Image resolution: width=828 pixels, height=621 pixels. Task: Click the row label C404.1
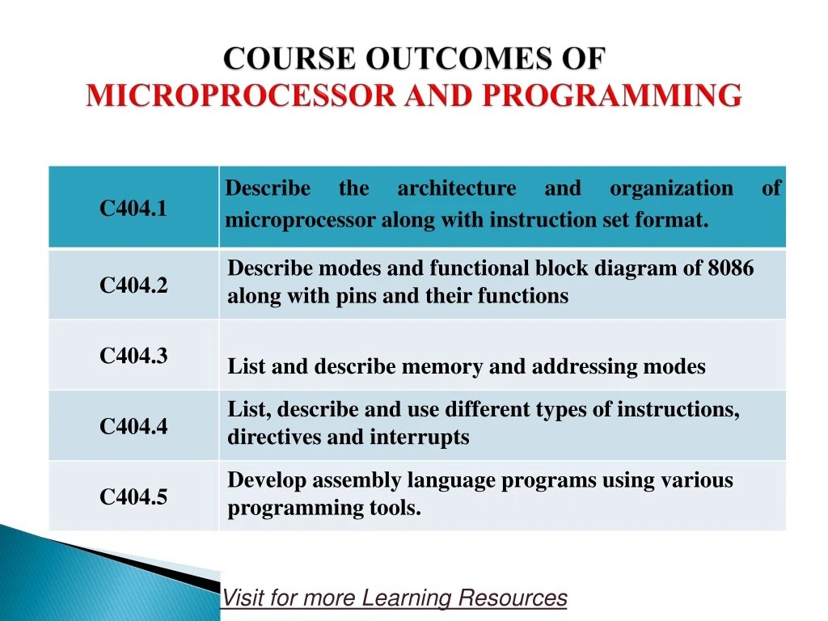click(x=133, y=209)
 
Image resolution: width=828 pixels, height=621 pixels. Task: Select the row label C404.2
click(x=133, y=285)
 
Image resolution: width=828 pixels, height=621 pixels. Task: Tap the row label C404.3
click(x=133, y=355)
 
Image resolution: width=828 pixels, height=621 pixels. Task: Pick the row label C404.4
click(x=133, y=426)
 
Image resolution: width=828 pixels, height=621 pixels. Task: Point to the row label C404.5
click(x=133, y=496)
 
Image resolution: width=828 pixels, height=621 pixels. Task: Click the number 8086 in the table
click(x=730, y=268)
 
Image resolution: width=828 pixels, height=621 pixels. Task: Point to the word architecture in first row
click(x=456, y=188)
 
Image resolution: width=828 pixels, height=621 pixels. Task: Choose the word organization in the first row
click(x=671, y=188)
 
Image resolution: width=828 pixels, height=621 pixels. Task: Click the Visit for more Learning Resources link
click(x=395, y=598)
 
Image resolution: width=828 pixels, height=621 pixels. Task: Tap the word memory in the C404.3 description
click(x=442, y=366)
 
